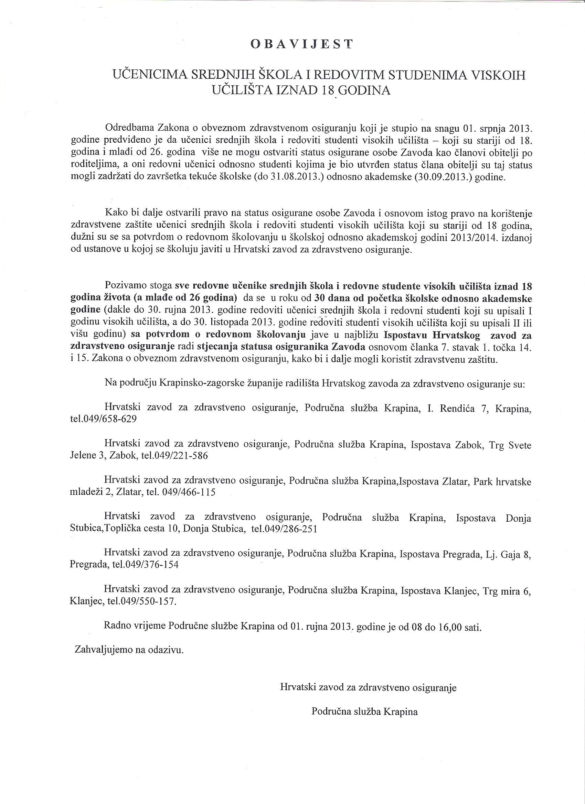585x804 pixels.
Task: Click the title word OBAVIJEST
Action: click(x=301, y=44)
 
